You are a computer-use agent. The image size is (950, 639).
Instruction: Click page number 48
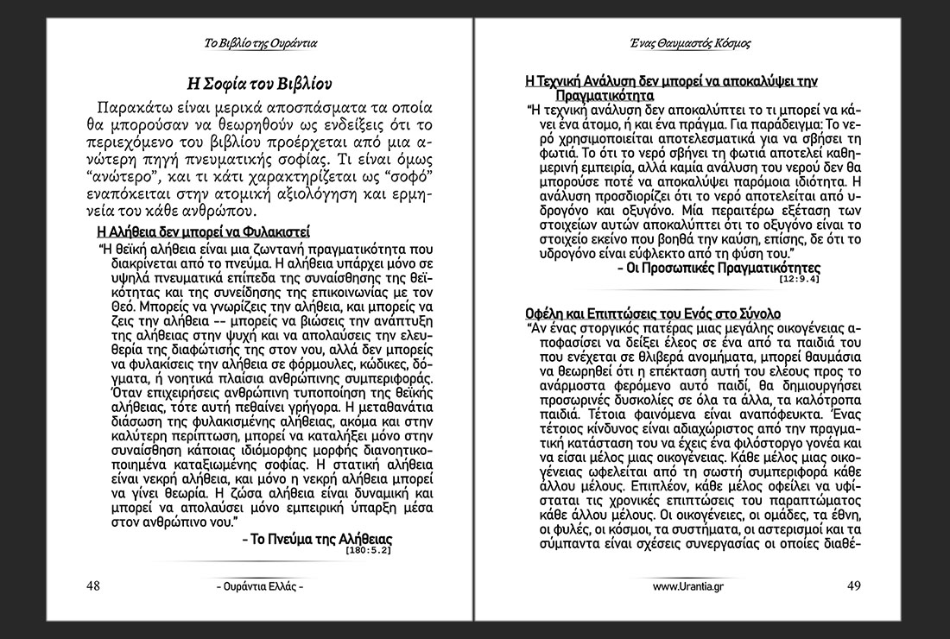[x=92, y=585]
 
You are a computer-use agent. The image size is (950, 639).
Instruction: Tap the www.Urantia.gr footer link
[x=688, y=586]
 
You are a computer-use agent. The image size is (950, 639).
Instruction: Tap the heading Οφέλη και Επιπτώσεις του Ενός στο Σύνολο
[x=653, y=312]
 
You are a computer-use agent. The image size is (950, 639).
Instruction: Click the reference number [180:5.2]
[x=368, y=550]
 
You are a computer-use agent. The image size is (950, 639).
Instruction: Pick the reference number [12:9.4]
[x=799, y=280]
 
